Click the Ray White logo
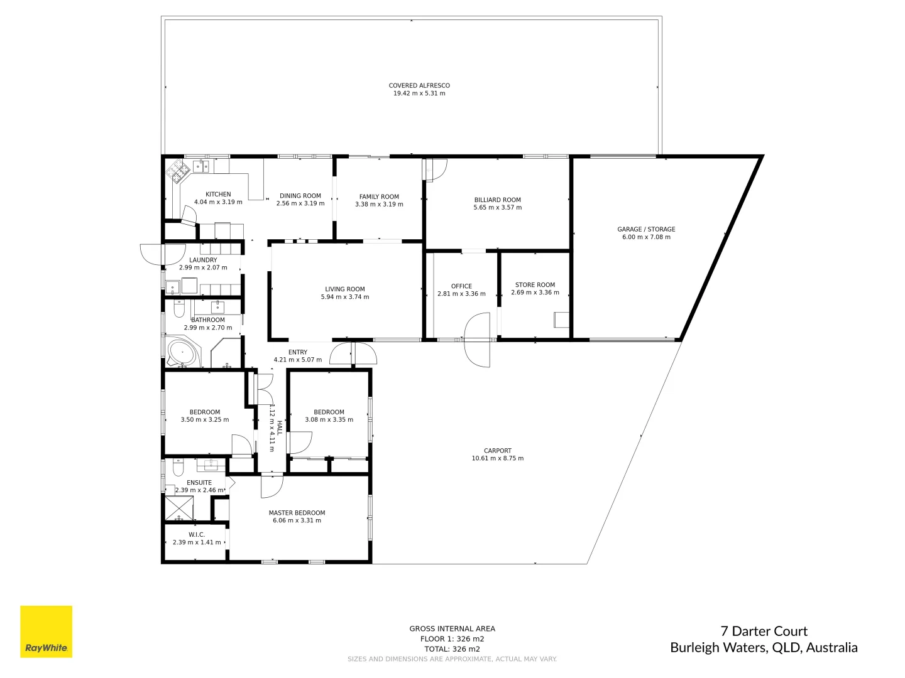[46, 631]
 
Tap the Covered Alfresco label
[419, 85]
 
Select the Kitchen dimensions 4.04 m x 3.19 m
[218, 202]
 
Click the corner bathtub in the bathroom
[182, 353]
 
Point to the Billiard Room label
[497, 200]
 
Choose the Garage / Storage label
[646, 229]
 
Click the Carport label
[497, 450]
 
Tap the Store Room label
[535, 284]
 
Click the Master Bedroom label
[297, 512]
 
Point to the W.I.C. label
[197, 534]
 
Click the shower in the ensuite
[179, 509]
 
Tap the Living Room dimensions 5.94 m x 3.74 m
[345, 297]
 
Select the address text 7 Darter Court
[764, 632]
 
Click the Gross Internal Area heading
[452, 628]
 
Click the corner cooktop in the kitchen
[176, 170]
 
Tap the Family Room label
[379, 196]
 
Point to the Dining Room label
[300, 196]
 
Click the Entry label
[297, 352]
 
